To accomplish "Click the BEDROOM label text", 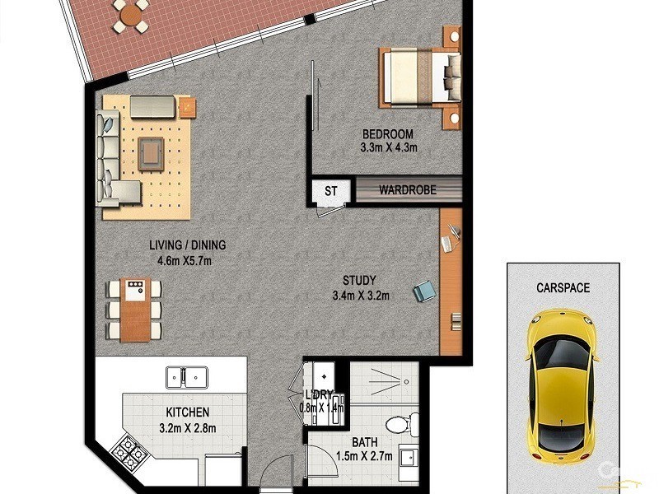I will click(388, 135).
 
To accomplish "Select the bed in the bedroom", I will click(420, 76).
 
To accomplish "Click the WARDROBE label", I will click(407, 190).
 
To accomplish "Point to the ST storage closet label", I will click(331, 191).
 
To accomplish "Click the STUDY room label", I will click(360, 280).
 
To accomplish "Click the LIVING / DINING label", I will click(187, 245).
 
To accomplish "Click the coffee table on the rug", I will click(152, 152).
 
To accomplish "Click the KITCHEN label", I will click(186, 412).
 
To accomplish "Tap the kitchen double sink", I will click(188, 377).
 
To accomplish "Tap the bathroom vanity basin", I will click(408, 458).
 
